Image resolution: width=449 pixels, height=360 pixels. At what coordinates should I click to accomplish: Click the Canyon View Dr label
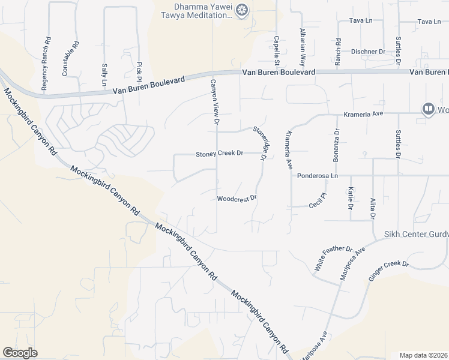tap(212, 102)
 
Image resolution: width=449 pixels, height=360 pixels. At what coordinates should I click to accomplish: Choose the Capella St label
tap(277, 50)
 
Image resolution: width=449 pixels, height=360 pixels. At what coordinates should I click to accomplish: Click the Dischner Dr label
tap(368, 52)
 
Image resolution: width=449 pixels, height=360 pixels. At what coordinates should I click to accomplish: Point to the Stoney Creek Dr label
tap(219, 154)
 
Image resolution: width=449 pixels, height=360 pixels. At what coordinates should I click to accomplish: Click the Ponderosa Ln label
tap(318, 176)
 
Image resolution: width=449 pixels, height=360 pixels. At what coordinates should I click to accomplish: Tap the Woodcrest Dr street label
tap(237, 198)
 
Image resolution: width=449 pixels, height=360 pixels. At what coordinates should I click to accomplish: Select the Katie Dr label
tap(350, 198)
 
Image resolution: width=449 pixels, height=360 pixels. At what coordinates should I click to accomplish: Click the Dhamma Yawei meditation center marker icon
tap(242, 10)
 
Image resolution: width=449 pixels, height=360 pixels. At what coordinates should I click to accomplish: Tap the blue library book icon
tap(428, 109)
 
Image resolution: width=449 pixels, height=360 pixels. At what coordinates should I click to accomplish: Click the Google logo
tap(20, 353)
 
